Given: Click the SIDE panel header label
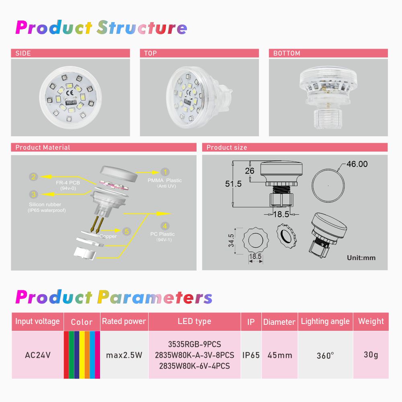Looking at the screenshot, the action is click(x=23, y=53).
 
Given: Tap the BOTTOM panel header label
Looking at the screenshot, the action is click(x=287, y=53).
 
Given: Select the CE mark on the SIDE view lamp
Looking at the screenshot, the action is click(x=70, y=93).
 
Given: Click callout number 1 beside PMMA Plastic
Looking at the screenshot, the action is click(x=165, y=172).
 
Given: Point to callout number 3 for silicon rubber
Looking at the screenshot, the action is click(x=33, y=194).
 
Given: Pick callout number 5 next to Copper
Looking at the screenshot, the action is click(x=127, y=232).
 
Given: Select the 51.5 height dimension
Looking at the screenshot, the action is click(x=233, y=184).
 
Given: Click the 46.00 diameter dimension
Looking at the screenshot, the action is click(x=357, y=164).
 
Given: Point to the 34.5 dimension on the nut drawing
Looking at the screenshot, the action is click(x=231, y=240).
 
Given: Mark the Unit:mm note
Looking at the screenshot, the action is click(x=361, y=258).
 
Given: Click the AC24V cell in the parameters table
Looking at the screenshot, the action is click(x=38, y=355).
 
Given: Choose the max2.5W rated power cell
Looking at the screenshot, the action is click(x=124, y=355).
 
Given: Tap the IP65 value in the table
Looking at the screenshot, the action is click(x=251, y=355).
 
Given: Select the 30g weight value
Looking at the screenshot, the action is click(x=371, y=355).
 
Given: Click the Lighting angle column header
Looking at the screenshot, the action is click(x=325, y=322).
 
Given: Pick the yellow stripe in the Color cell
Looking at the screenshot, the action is click(x=82, y=355).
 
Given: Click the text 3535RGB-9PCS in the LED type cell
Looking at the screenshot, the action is click(x=195, y=344).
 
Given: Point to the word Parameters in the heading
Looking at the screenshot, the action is click(x=155, y=297).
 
